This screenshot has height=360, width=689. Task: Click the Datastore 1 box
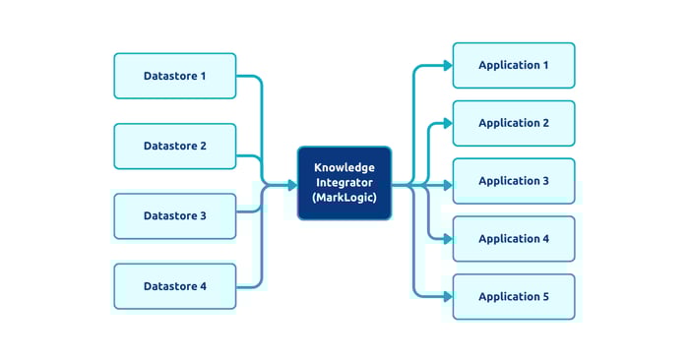coord(175,76)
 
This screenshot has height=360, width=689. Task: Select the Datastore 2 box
coord(175,146)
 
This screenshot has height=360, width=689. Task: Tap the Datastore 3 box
coord(175,216)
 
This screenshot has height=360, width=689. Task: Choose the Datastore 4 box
coord(175,286)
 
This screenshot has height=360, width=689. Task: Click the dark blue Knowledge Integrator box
coord(344,183)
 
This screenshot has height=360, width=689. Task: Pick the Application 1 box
coord(514,65)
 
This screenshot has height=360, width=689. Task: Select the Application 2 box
coord(514,123)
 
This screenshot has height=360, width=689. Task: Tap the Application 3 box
coord(514,181)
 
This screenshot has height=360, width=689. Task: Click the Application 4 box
coord(514,239)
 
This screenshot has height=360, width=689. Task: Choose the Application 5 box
coord(514,297)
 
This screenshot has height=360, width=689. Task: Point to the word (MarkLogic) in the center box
coord(344,198)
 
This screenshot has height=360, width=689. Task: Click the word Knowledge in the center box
coord(344,168)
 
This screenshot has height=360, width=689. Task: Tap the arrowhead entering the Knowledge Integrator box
coord(291,185)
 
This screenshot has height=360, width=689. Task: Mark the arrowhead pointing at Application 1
coord(448,66)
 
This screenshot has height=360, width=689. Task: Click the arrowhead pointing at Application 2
coord(448,124)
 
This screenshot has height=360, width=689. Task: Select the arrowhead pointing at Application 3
coord(448,185)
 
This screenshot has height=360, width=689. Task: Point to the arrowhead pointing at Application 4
coord(448,240)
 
